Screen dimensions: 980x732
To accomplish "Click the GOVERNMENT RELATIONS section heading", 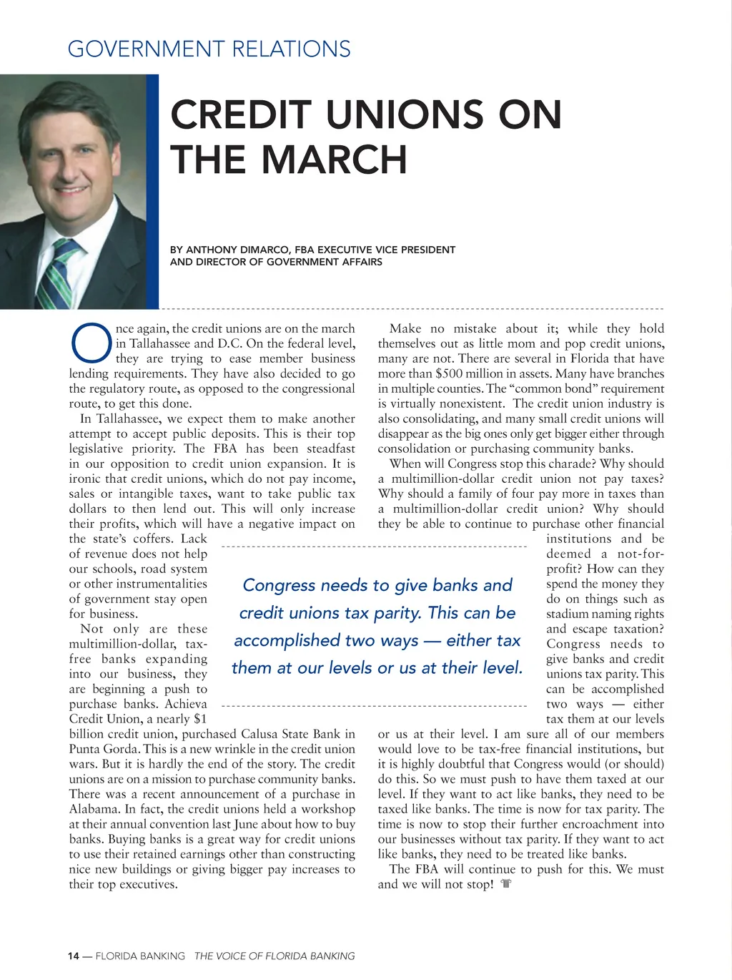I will coord(209,49).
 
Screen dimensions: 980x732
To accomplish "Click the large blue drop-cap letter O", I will coord(91,343).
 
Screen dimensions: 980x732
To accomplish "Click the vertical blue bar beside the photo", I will coord(152,192).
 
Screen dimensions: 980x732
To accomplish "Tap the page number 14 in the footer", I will coord(74,956).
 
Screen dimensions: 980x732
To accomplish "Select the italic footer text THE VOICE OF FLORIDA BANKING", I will coord(274,956).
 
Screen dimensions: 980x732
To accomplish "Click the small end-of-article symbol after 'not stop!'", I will coord(506,884).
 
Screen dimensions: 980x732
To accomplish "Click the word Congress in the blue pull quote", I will coord(279,585).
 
